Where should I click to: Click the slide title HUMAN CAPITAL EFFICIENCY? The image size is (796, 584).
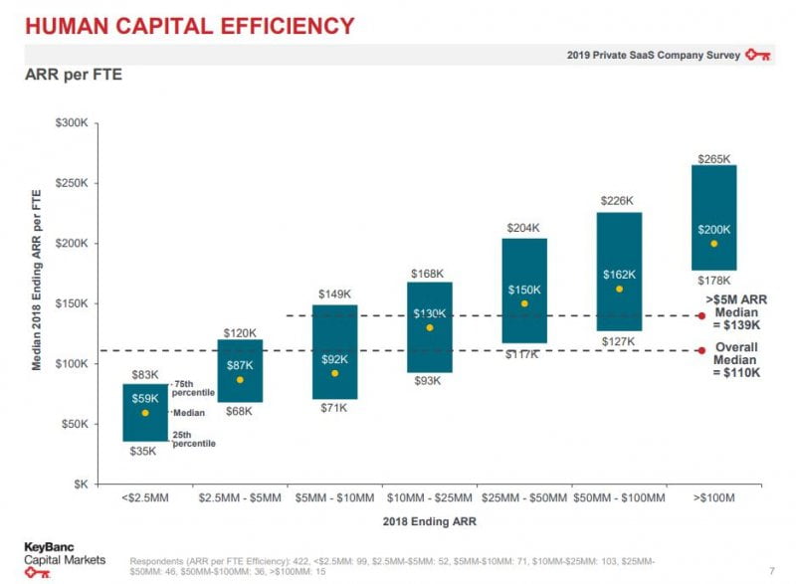(189, 26)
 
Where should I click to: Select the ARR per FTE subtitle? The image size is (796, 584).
(74, 75)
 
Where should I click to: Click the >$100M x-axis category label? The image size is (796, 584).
(713, 496)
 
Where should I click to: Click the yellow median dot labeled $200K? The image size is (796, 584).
(713, 244)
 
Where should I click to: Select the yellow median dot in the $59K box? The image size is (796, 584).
(145, 413)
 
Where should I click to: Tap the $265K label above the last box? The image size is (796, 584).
(713, 158)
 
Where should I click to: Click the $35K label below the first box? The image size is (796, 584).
(145, 451)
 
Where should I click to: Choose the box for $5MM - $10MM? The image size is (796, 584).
(335, 351)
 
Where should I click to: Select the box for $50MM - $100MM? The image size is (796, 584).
(619, 271)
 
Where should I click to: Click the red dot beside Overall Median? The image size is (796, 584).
(701, 350)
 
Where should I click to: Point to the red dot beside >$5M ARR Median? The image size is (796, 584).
(701, 316)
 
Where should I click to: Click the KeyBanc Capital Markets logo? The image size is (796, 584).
(58, 553)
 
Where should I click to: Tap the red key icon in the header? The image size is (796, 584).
(759, 56)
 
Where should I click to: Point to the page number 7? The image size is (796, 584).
(771, 570)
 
